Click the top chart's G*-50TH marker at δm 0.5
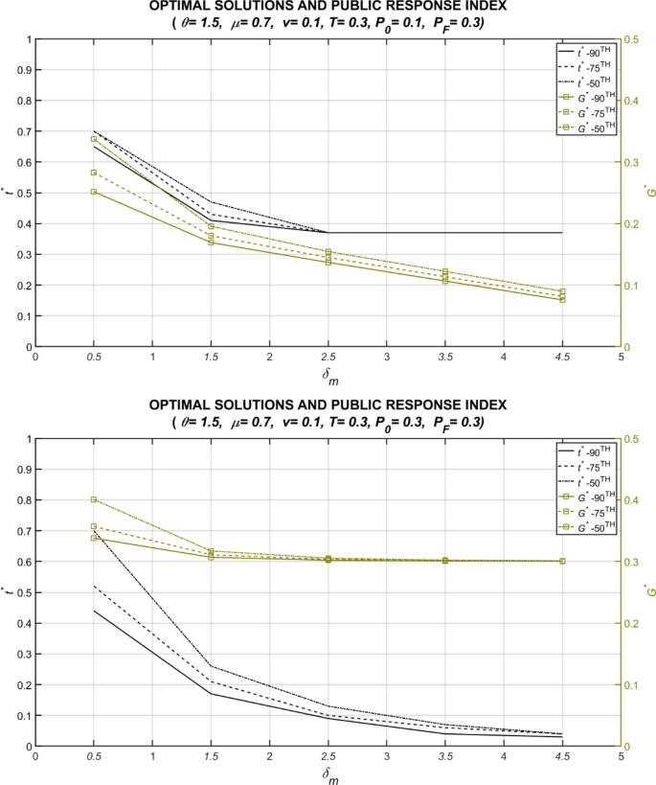click(x=94, y=139)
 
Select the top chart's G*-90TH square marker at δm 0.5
click(x=94, y=192)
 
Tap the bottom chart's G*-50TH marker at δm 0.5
click(x=94, y=499)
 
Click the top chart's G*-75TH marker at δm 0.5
click(x=94, y=173)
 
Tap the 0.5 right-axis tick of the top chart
click(x=633, y=39)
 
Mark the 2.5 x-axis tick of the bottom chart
click(x=328, y=757)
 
